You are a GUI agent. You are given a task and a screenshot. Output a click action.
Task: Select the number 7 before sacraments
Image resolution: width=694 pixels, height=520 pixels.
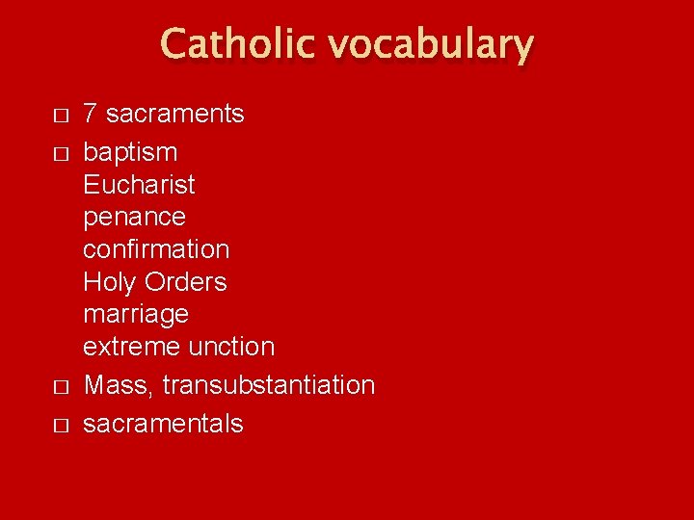pos(91,114)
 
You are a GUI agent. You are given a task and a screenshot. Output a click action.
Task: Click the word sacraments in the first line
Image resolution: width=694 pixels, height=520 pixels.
pos(174,114)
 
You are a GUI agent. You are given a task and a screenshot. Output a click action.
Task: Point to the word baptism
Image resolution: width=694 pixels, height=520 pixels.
pos(130,152)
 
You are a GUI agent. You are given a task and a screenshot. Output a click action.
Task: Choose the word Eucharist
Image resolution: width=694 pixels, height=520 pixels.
pos(139,184)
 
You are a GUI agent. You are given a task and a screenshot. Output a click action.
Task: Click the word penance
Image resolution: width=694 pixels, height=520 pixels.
pos(134,217)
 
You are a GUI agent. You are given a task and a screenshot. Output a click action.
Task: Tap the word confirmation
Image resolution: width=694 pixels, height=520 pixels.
pos(156,248)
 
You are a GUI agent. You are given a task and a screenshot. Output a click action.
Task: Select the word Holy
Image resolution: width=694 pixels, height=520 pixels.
pos(110,282)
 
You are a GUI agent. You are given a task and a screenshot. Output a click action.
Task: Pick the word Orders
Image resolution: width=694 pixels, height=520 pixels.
pos(185,282)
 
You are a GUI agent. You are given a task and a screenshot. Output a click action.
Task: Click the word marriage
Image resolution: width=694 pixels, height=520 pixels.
pos(136,315)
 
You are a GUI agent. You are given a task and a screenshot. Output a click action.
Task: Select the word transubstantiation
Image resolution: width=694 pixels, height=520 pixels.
pos(268,385)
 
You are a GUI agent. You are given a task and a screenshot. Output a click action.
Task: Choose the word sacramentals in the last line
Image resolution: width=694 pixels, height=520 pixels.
pos(163,424)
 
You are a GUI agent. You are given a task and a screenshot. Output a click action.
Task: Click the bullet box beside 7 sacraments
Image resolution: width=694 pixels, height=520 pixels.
pos(61,116)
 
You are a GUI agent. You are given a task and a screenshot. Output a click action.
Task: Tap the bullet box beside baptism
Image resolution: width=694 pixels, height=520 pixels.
pos(61,154)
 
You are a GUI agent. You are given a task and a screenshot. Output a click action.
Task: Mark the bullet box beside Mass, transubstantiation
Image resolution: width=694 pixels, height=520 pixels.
pos(61,387)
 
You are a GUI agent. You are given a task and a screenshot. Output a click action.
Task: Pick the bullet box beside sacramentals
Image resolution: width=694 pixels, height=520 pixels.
pos(61,426)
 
